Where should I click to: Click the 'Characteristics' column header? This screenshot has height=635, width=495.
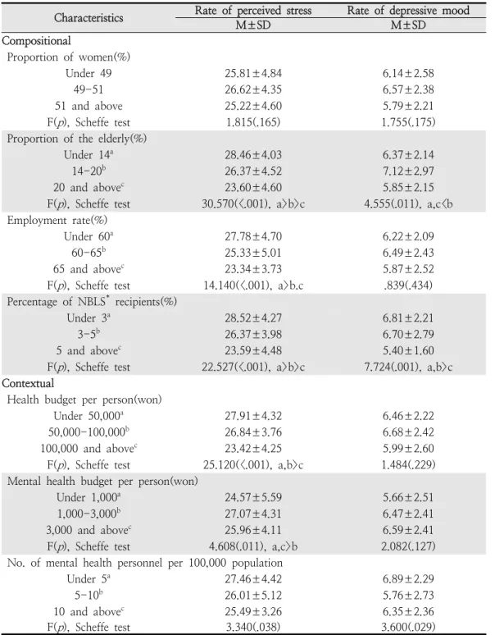click(89, 18)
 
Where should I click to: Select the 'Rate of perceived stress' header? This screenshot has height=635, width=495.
click(253, 10)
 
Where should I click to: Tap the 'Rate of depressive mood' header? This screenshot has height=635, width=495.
click(408, 10)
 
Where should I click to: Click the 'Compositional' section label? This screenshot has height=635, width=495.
click(36, 41)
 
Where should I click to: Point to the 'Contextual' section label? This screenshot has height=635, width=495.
click(28, 383)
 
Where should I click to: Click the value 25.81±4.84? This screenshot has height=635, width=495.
click(253, 73)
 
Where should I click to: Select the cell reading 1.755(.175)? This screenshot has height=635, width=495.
click(408, 122)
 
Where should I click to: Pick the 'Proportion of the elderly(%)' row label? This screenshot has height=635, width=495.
click(77, 139)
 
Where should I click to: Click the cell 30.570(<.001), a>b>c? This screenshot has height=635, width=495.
click(253, 203)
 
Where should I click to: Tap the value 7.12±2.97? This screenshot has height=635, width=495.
click(408, 171)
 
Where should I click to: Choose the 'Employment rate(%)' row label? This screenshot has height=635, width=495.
click(57, 221)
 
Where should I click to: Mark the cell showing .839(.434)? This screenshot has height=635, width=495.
click(408, 286)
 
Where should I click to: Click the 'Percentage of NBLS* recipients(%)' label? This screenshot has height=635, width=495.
click(92, 302)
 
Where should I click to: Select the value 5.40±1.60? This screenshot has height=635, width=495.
click(408, 350)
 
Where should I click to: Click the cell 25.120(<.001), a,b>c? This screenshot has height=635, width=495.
click(253, 465)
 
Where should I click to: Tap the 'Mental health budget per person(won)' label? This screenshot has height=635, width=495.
click(102, 481)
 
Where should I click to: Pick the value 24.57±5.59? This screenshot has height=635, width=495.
click(253, 497)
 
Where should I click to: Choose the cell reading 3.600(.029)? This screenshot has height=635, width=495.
click(408, 627)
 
